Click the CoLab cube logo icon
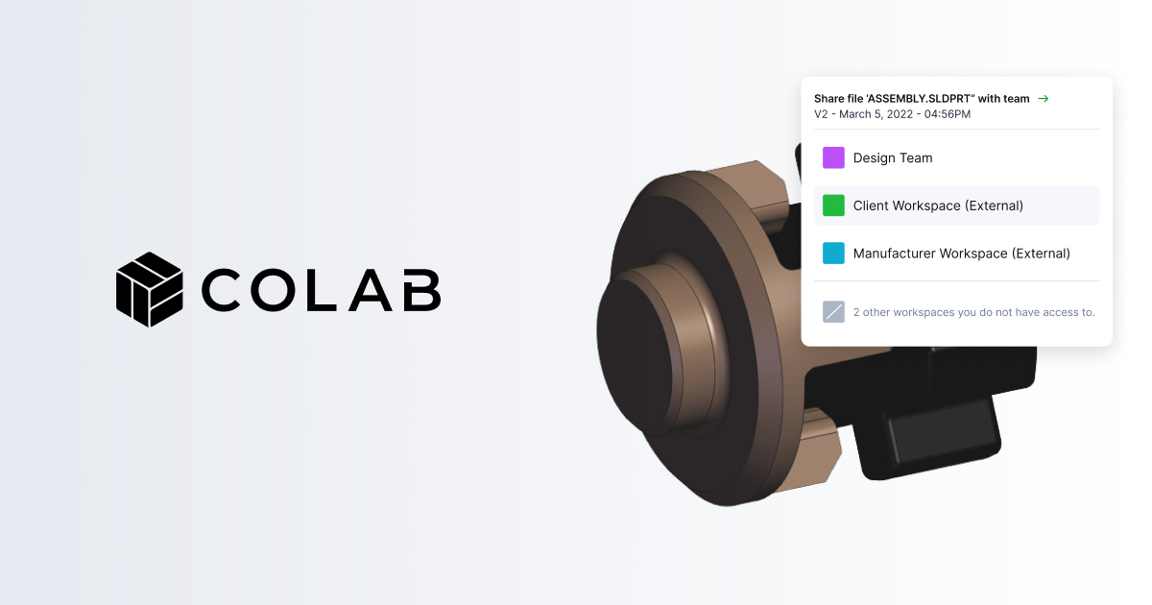[149, 289]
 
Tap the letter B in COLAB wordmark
[420, 290]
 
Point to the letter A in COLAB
[370, 290]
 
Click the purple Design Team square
[833, 157]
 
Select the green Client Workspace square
[833, 206]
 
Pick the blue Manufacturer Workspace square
[833, 254]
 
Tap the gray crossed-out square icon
[833, 312]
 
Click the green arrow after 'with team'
[1044, 99]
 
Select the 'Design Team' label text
[893, 157]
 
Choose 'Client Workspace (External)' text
[938, 206]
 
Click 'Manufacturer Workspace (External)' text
[961, 254]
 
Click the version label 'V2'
[822, 114]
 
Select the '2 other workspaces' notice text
[973, 312]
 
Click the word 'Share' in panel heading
[829, 99]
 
